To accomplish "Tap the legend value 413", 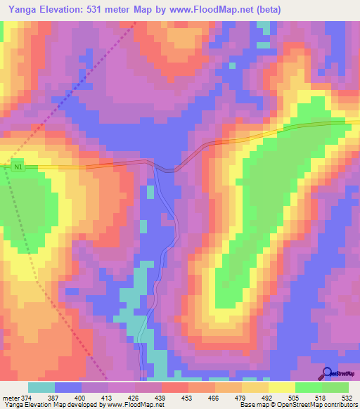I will point(108,397).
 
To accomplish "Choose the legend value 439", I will point(161,397).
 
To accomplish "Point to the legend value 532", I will point(348,397).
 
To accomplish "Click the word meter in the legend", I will point(11,397).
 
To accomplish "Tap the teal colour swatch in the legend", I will point(41,387).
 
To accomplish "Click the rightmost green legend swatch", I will point(335,387).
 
